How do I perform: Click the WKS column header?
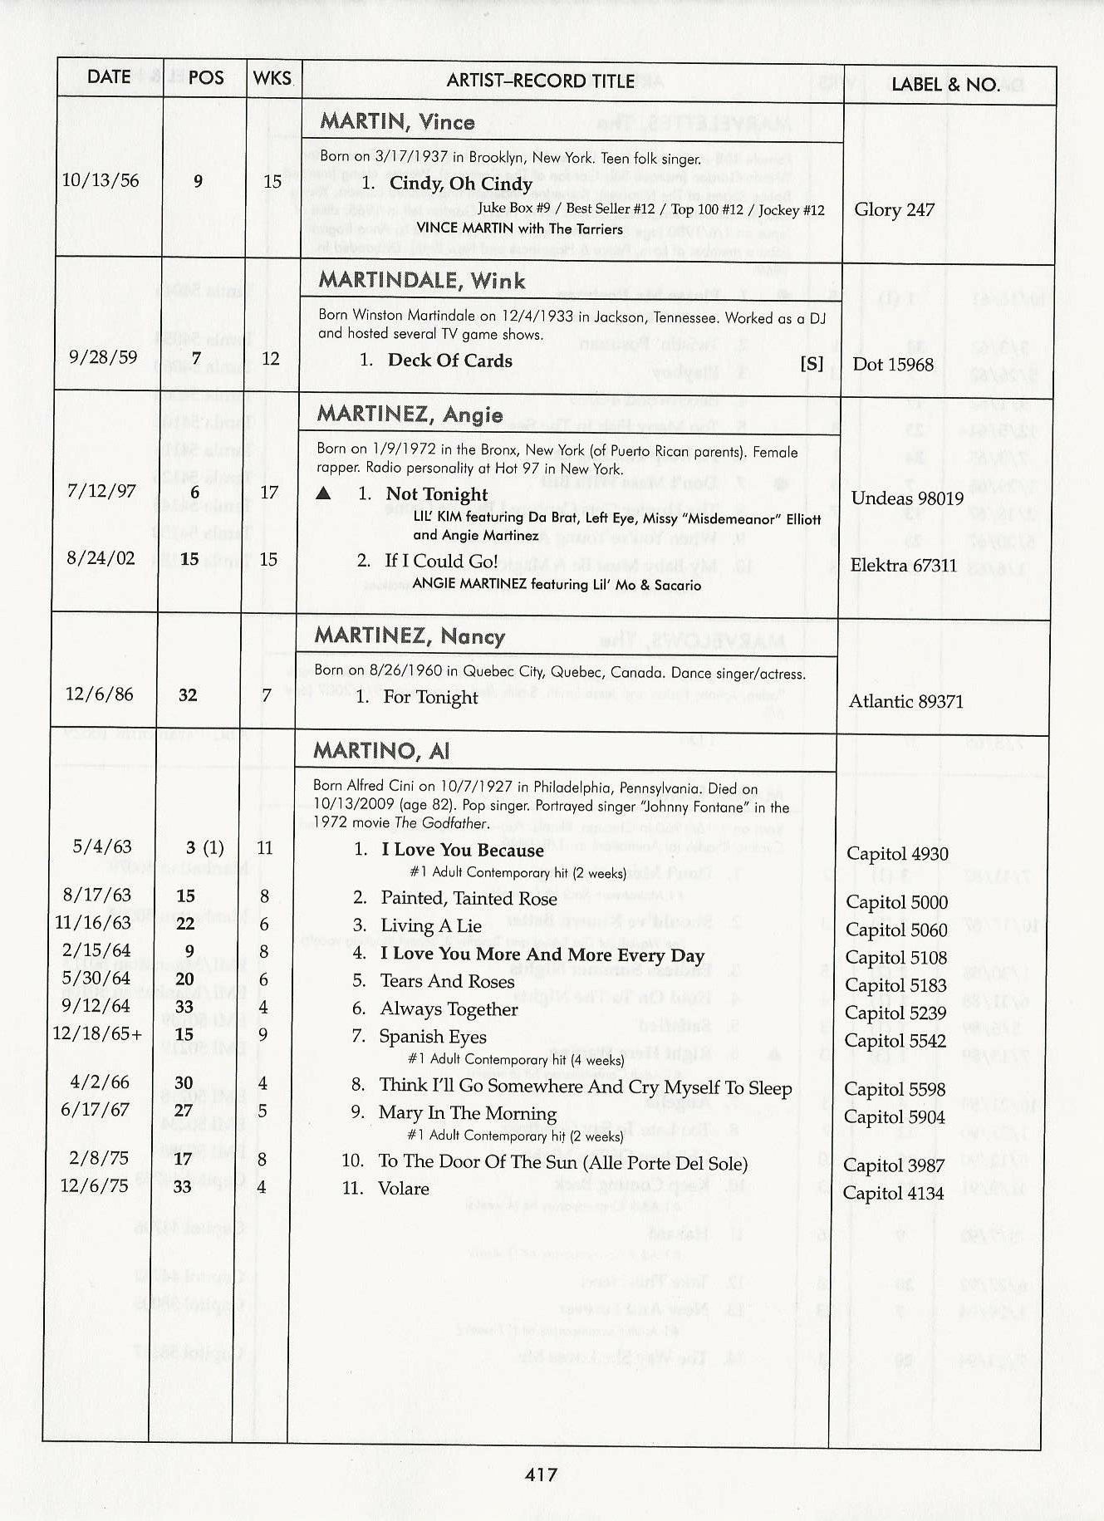pos(272,78)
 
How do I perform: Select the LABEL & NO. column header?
pos(945,84)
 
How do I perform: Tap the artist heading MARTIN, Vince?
pos(397,122)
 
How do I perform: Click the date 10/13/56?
pos(101,180)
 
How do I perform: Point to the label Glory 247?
pos(894,209)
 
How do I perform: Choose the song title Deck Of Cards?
pos(449,361)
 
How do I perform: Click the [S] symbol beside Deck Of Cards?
pos(812,363)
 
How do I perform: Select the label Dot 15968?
pos(892,365)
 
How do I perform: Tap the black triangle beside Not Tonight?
pos(324,494)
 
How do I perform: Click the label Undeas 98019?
pos(907,498)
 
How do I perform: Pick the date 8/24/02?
pos(101,558)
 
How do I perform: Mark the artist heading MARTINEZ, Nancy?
pos(410,637)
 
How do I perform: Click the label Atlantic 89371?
pos(905,702)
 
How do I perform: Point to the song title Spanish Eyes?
pos(433,1037)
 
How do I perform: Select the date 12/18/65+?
pos(97,1033)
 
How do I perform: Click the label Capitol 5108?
pos(895,958)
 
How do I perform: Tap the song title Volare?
pos(404,1189)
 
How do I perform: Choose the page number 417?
pos(541,1474)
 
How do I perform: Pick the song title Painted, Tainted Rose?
pos(469,899)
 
